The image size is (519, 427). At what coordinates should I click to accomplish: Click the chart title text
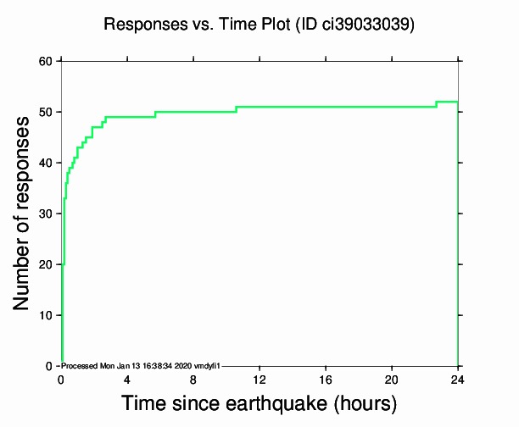[259, 25]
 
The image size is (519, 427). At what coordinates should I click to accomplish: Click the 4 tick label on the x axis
[127, 379]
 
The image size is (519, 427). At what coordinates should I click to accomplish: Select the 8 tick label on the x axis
[193, 379]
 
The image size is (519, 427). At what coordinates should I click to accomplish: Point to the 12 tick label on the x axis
[259, 379]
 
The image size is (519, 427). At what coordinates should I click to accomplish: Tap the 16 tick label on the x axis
[326, 379]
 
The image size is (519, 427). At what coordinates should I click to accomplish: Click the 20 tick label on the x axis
[392, 379]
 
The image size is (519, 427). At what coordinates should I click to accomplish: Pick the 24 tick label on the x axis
[458, 379]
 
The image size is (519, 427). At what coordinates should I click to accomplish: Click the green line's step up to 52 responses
[437, 104]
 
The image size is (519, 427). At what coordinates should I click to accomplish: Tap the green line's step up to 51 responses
[236, 109]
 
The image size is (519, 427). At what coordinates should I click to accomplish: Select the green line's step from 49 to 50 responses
[155, 114]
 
